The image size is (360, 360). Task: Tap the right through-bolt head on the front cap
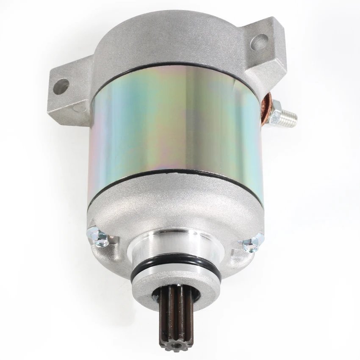[253, 243]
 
